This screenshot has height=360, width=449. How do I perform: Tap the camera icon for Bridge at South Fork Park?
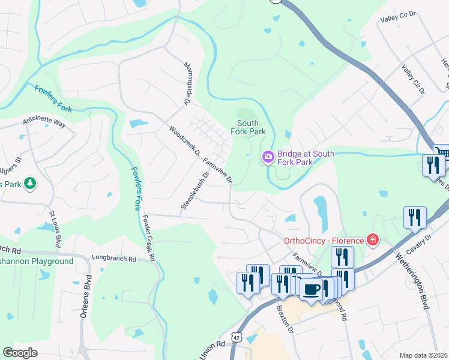268,157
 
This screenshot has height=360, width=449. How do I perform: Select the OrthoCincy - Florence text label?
324,241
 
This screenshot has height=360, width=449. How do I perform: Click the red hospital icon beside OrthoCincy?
373,241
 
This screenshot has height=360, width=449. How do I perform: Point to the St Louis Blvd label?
55,229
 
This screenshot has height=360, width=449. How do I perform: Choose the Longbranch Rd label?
114,259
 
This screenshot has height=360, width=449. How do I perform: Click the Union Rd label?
212,346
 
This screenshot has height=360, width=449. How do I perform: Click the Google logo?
20,353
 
